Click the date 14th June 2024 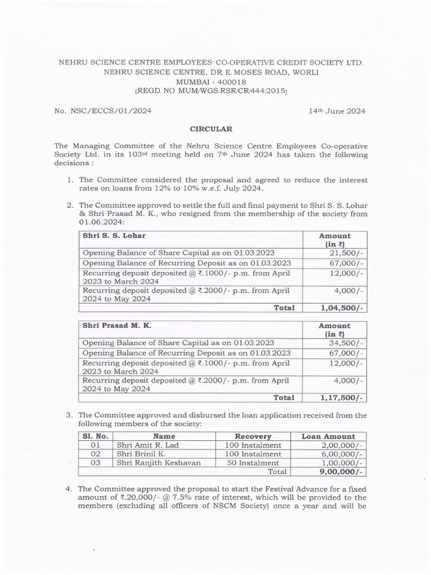[337, 111]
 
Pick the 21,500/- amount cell [349, 253]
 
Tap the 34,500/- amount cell [349, 343]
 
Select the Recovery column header [253, 436]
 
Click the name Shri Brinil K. [137, 454]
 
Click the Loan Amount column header [328, 436]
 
